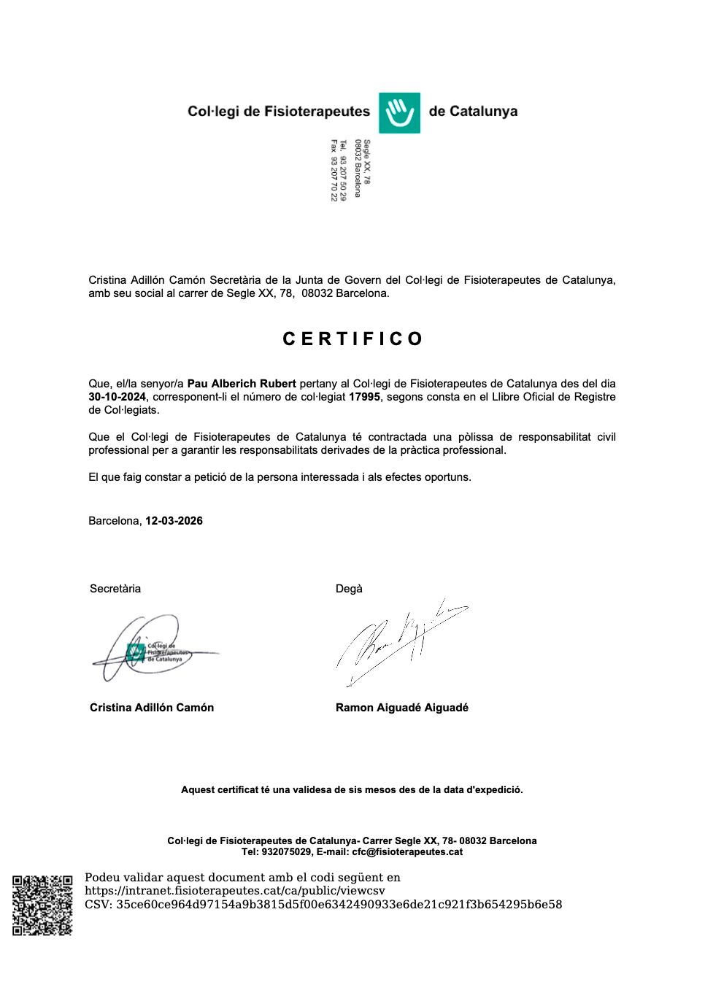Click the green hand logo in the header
pyautogui.click(x=399, y=113)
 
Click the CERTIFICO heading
pyautogui.click(x=352, y=339)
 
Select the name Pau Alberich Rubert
pyautogui.click(x=242, y=384)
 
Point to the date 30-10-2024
pyautogui.click(x=117, y=397)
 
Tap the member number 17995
pyautogui.click(x=364, y=397)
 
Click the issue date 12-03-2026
pyautogui.click(x=174, y=521)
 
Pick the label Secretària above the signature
pyautogui.click(x=115, y=589)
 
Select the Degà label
pyautogui.click(x=349, y=589)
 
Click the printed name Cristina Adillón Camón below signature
pyautogui.click(x=152, y=708)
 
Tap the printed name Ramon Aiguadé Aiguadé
pyautogui.click(x=402, y=708)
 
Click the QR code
pyautogui.click(x=42, y=905)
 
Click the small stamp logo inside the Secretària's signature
pyautogui.click(x=136, y=652)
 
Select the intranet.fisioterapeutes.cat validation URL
pyautogui.click(x=234, y=891)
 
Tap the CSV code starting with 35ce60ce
pyautogui.click(x=339, y=905)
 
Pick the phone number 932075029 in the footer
pyautogui.click(x=287, y=852)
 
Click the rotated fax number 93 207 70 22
pyautogui.click(x=334, y=171)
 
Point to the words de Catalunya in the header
pyautogui.click(x=473, y=112)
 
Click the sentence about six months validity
pyautogui.click(x=352, y=790)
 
